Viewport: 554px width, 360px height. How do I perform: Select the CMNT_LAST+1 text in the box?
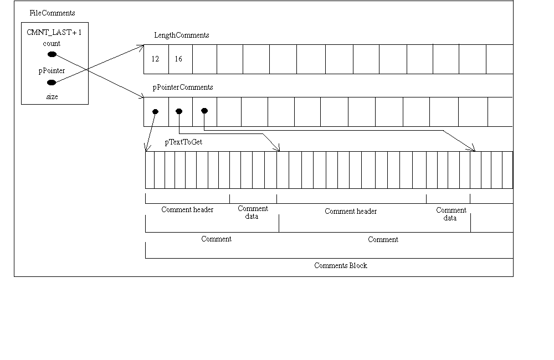[x=54, y=33]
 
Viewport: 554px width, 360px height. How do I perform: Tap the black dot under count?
[x=52, y=54]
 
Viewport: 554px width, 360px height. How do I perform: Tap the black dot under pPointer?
[x=52, y=83]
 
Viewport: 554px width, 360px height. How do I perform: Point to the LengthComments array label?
[x=181, y=35]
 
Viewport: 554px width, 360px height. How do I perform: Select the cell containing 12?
[x=155, y=59]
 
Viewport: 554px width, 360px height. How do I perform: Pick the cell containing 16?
[x=178, y=59]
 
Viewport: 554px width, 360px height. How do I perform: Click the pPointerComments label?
[x=183, y=88]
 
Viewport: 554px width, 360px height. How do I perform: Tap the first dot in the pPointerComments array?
[x=156, y=111]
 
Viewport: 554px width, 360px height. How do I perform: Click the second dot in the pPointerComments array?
[x=178, y=111]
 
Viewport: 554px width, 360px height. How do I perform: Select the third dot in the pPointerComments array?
[x=204, y=111]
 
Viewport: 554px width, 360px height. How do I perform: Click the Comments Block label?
[x=340, y=265]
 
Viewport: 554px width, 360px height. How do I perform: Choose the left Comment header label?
[x=187, y=210]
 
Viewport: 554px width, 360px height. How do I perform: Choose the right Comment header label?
[x=351, y=211]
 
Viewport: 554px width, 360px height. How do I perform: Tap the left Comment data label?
[x=253, y=213]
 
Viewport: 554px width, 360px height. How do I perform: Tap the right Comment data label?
[x=451, y=214]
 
